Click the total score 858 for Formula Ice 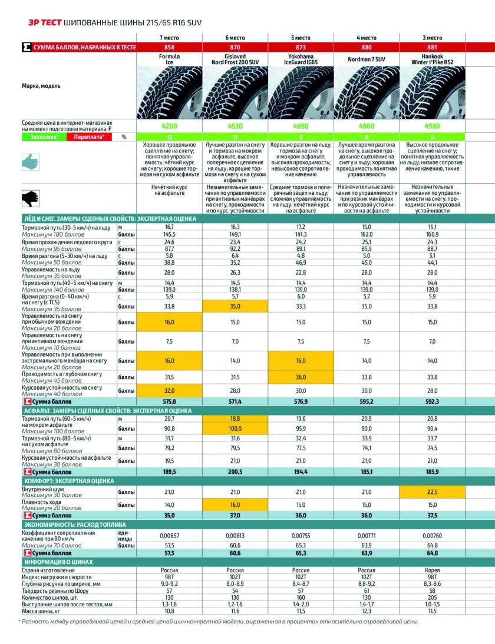(169, 47)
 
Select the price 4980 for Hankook (433, 125)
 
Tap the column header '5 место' (301, 38)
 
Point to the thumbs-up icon (30, 162)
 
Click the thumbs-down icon (30, 198)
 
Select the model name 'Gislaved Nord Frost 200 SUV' (235, 59)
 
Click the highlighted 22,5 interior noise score (433, 492)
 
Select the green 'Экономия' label (44, 137)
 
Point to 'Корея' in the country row (433, 570)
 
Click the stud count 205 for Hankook (433, 596)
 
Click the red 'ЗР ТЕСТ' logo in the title (39, 22)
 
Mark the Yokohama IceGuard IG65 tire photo (301, 94)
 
